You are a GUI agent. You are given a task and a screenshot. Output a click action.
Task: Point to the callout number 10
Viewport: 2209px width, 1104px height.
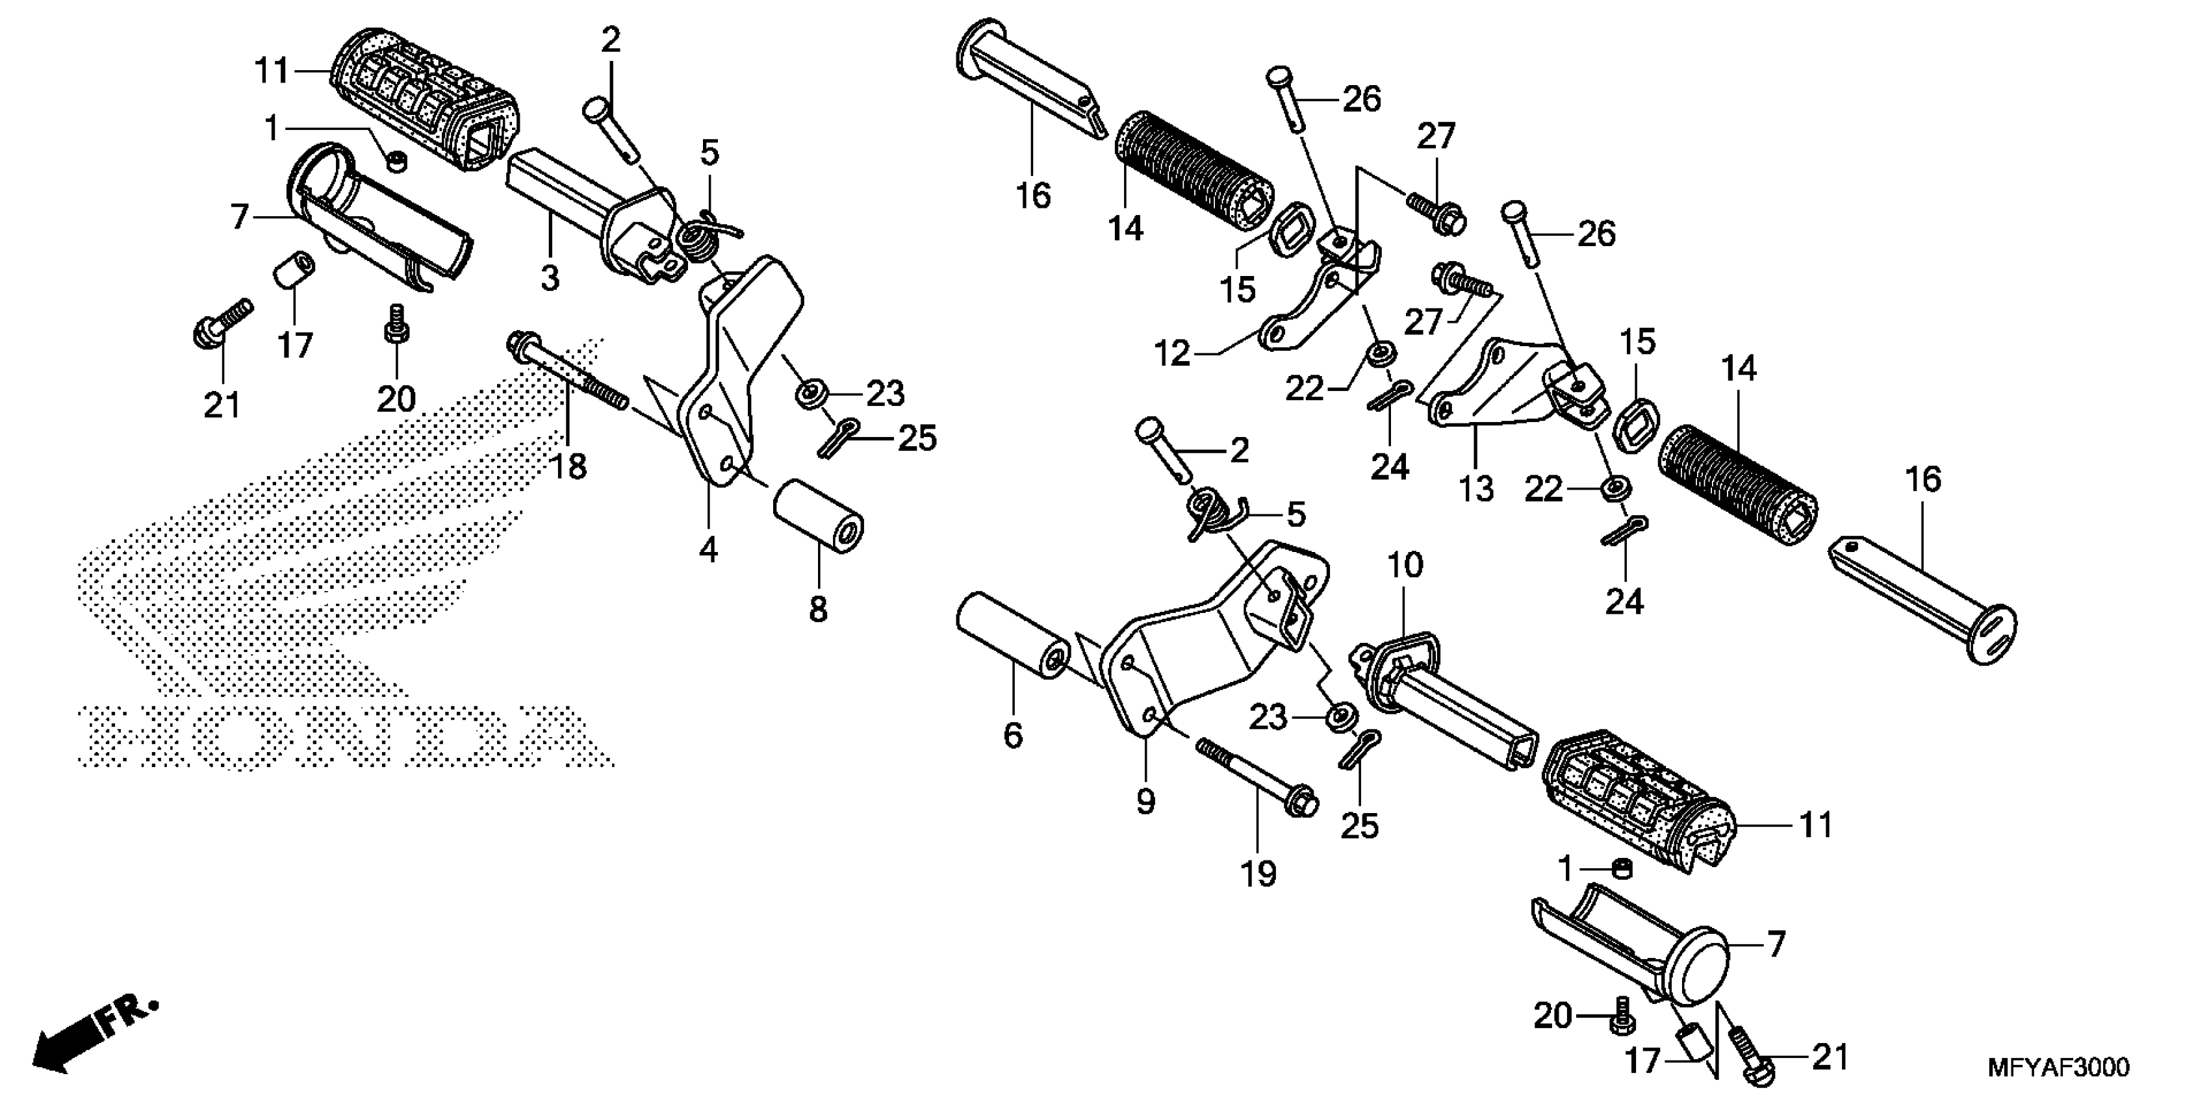click(x=1405, y=565)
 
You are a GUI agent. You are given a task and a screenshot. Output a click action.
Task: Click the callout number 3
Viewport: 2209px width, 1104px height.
click(x=550, y=278)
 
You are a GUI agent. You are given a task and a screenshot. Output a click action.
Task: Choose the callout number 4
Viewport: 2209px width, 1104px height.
click(x=708, y=549)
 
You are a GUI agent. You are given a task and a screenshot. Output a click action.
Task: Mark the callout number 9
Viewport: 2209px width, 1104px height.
click(x=1145, y=801)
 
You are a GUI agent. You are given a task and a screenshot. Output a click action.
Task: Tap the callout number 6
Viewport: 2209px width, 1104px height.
click(x=1013, y=734)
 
